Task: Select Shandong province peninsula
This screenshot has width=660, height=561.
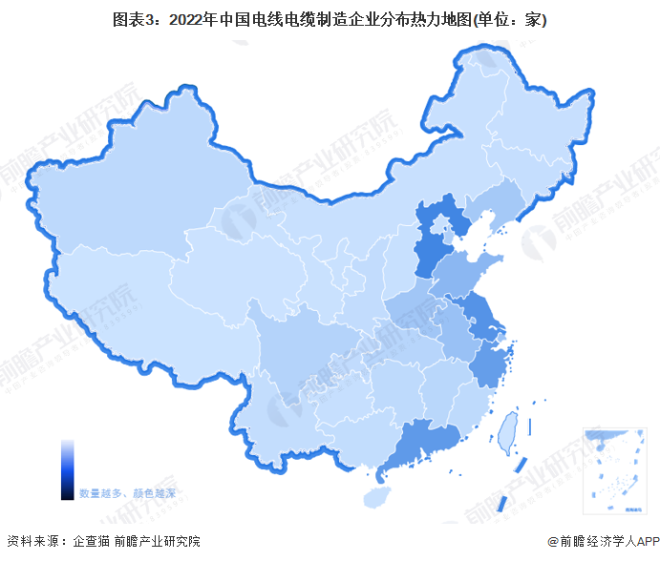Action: pyautogui.click(x=468, y=272)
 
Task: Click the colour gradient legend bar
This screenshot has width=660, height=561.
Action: pyautogui.click(x=67, y=468)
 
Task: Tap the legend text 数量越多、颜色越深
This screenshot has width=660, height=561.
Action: pyautogui.click(x=134, y=493)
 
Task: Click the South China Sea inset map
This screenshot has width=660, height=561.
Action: pyautogui.click(x=615, y=467)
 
